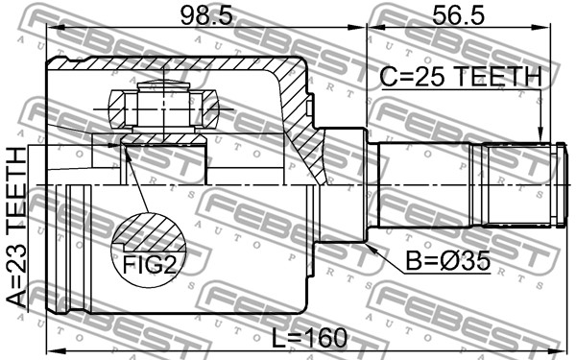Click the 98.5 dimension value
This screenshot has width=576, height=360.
pyautogui.click(x=206, y=16)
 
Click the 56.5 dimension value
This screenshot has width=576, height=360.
pyautogui.click(x=458, y=16)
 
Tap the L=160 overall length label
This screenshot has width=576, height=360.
pyautogui.click(x=309, y=338)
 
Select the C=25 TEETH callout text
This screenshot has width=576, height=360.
pyautogui.click(x=461, y=77)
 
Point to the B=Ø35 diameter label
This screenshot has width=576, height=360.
pyautogui.click(x=447, y=261)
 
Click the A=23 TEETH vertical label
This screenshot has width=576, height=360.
pyautogui.click(x=16, y=228)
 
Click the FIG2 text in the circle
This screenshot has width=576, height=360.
pyautogui.click(x=150, y=265)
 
